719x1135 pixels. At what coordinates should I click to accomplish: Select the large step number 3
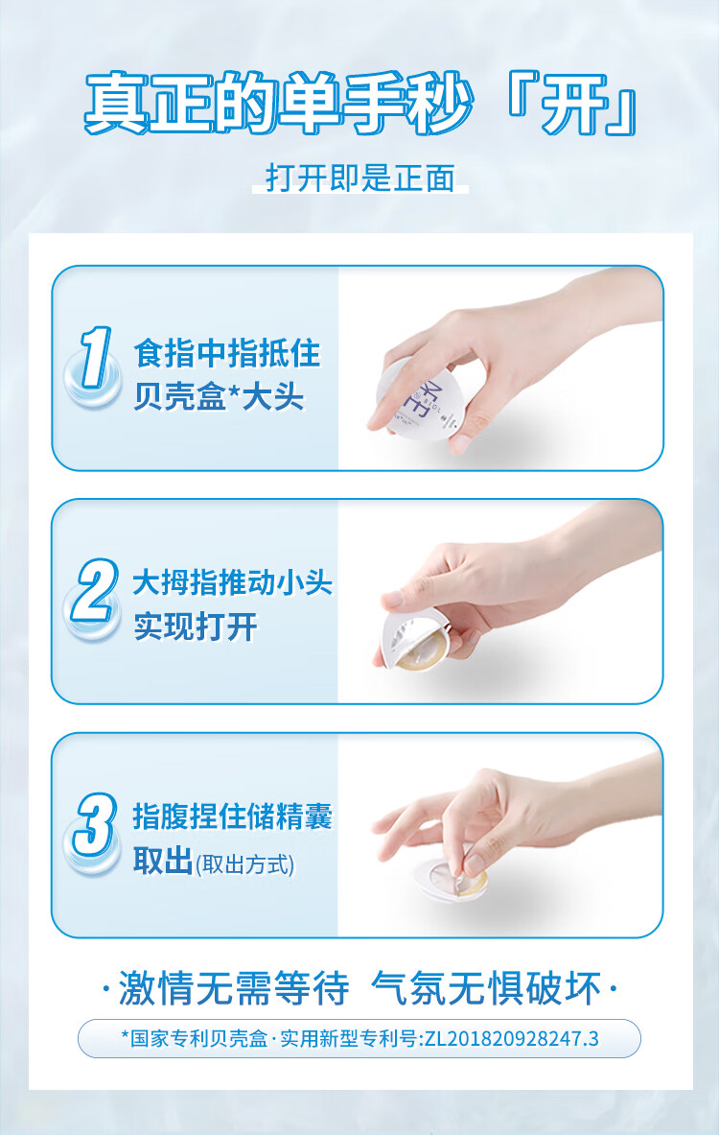95,824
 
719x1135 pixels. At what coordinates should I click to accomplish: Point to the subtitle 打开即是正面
360,177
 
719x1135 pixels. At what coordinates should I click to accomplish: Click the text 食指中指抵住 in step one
227,354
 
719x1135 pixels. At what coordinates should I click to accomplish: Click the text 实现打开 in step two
196,627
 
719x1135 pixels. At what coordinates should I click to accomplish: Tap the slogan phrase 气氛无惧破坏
486,989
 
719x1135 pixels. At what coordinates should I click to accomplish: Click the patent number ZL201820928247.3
511,1038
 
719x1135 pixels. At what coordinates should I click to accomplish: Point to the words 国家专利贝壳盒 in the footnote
199,1038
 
